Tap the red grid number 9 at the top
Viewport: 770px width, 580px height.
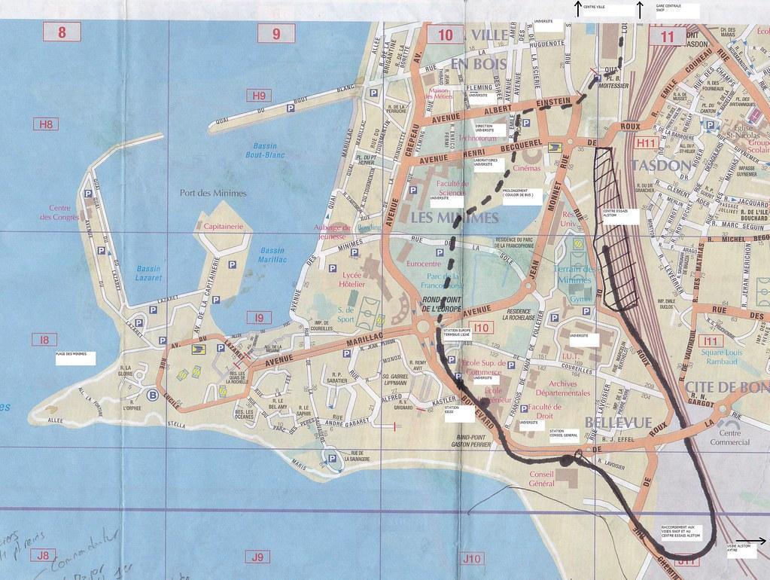click(276, 33)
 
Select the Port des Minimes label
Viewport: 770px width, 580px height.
click(214, 192)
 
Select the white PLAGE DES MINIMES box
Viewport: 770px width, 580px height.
click(75, 356)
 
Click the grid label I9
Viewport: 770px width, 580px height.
click(259, 318)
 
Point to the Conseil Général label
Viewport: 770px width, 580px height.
click(552, 479)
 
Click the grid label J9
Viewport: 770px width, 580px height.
click(257, 557)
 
